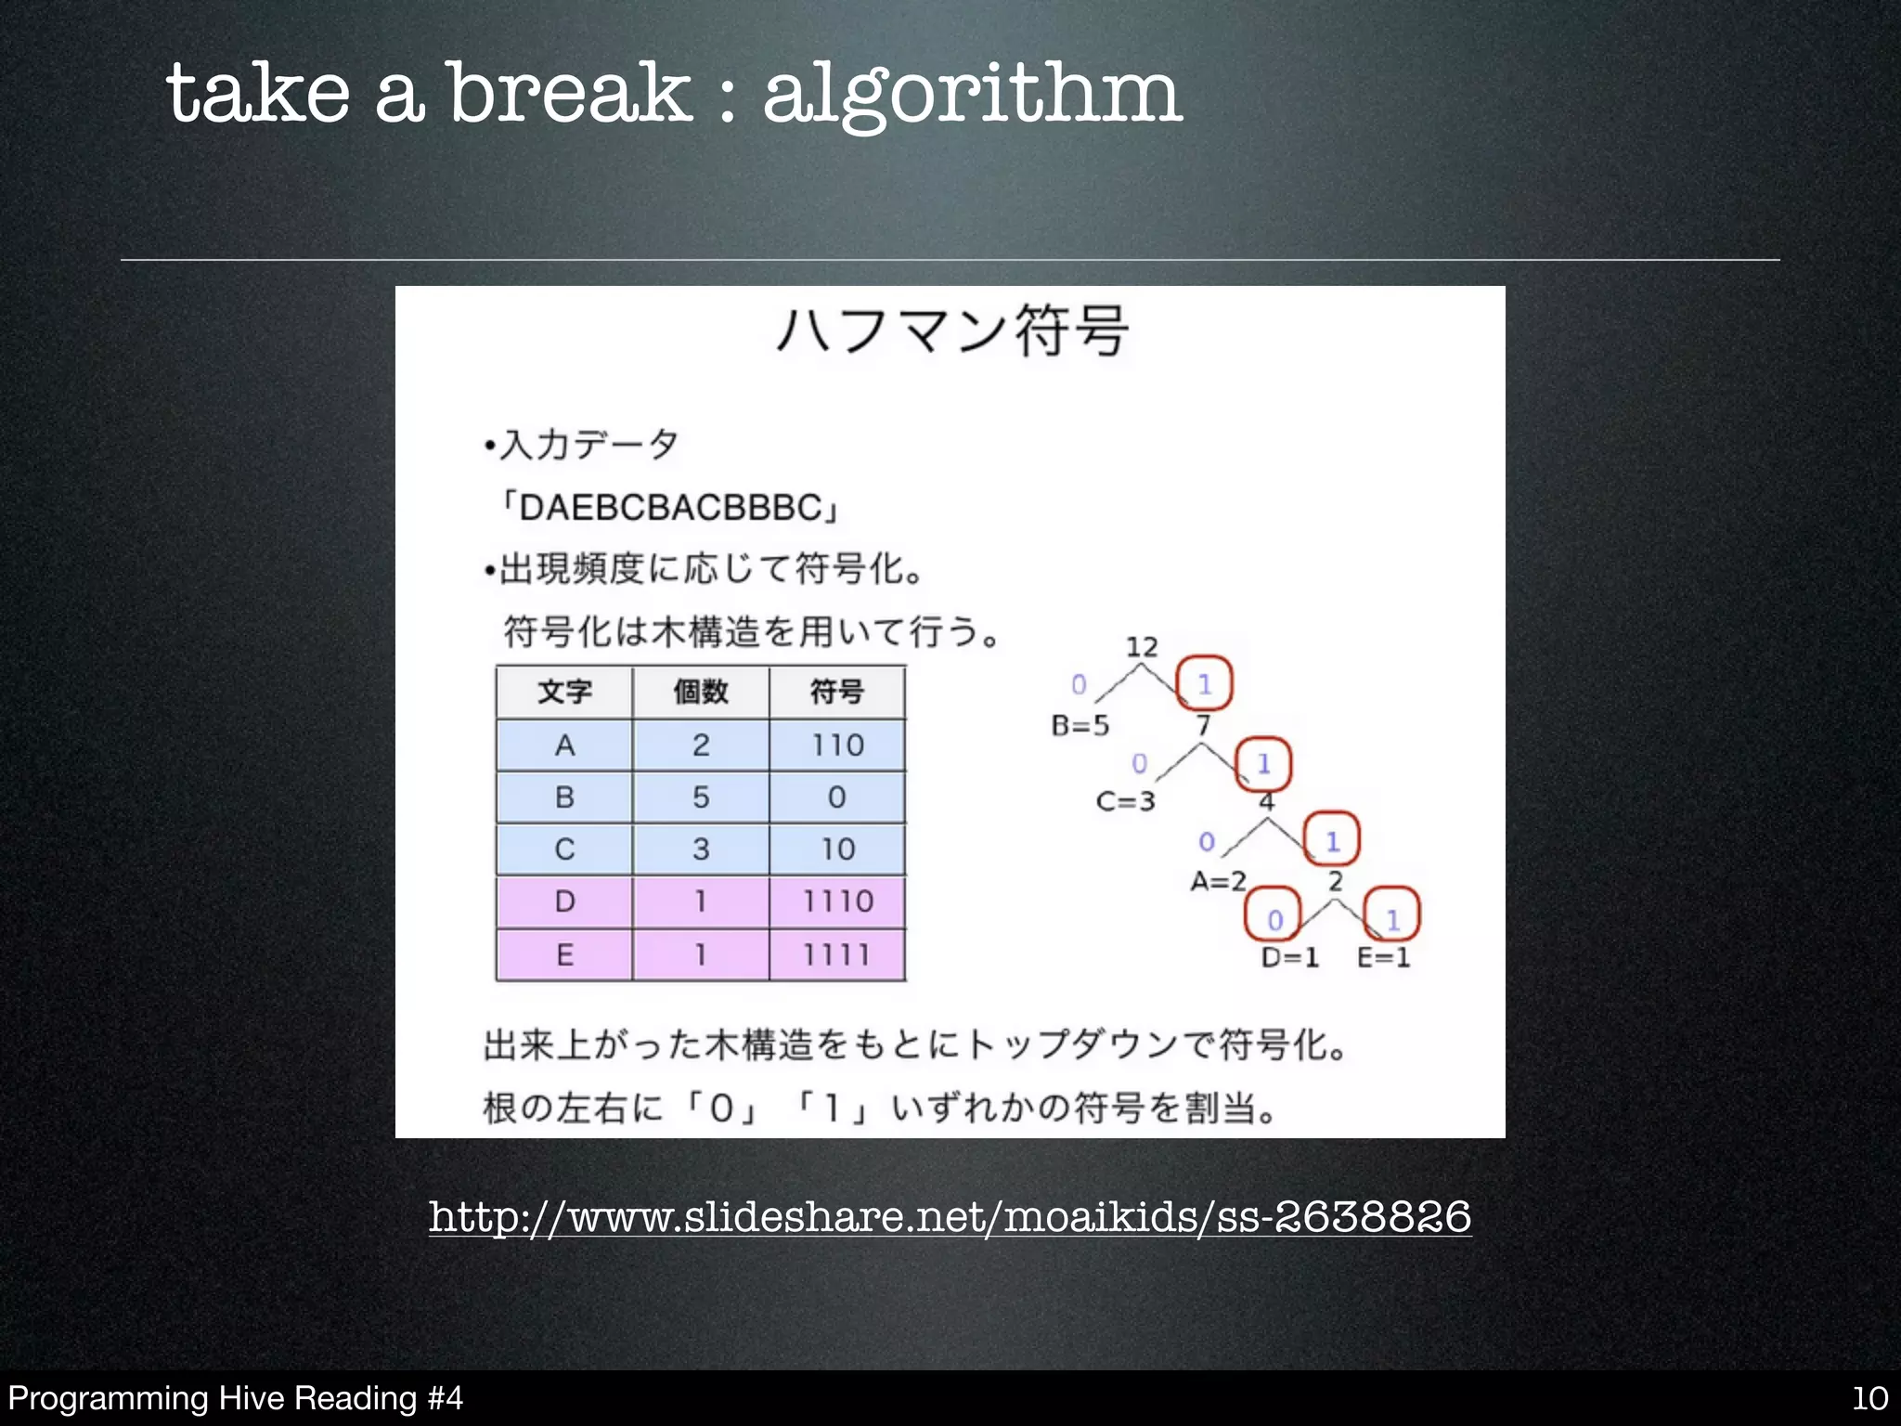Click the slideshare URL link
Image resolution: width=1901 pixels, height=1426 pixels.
pyautogui.click(x=950, y=1216)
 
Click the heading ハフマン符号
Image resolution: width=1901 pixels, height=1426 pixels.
pyautogui.click(x=952, y=331)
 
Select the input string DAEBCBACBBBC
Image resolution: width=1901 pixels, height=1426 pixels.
pyautogui.click(x=670, y=508)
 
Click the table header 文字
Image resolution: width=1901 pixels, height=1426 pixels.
pyautogui.click(x=564, y=692)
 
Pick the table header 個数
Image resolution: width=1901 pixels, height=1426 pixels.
pyautogui.click(x=701, y=692)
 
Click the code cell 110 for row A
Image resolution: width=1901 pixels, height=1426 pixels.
pyautogui.click(x=837, y=745)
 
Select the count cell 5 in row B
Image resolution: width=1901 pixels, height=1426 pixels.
pyautogui.click(x=701, y=797)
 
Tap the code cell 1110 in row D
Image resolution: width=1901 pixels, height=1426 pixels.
pyautogui.click(x=837, y=901)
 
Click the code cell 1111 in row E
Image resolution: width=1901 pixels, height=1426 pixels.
pyautogui.click(x=837, y=953)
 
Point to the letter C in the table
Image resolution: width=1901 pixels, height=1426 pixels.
pyautogui.click(x=564, y=849)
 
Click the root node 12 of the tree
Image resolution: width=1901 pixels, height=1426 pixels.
pyautogui.click(x=1142, y=647)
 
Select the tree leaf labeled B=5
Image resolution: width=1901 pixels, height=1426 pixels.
pyautogui.click(x=1080, y=725)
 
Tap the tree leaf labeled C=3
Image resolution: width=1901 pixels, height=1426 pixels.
pyautogui.click(x=1125, y=800)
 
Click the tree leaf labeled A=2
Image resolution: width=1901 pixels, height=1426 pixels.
pyautogui.click(x=1218, y=880)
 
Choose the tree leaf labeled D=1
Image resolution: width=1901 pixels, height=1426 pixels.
pyautogui.click(x=1290, y=957)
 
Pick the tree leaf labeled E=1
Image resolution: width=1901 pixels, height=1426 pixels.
pyautogui.click(x=1383, y=957)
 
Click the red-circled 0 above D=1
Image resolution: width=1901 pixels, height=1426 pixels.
pyautogui.click(x=1274, y=918)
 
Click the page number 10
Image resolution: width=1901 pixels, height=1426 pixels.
pyautogui.click(x=1869, y=1398)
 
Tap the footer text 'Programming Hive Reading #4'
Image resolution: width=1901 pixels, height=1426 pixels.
pyautogui.click(x=235, y=1398)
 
